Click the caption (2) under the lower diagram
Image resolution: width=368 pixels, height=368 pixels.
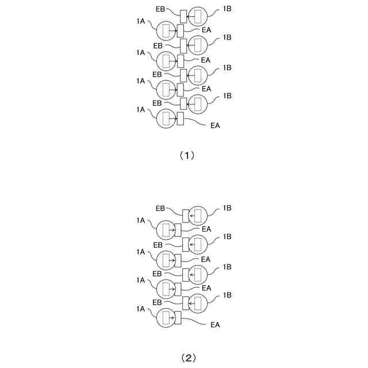coord(189,358)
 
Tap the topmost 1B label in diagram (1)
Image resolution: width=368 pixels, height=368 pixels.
coord(227,10)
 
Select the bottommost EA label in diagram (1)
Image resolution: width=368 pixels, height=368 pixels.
coord(216,125)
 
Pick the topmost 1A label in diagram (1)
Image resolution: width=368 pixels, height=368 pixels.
coord(140,21)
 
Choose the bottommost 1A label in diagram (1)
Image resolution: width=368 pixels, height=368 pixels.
coord(140,109)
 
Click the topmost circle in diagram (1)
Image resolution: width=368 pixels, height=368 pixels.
coord(198,16)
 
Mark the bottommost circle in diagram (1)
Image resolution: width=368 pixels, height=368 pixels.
coord(167,118)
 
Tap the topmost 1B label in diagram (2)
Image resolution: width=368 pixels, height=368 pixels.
coord(227,209)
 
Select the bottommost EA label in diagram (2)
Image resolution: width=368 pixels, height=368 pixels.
coord(216,325)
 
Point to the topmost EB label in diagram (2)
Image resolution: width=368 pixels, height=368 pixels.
coord(160,209)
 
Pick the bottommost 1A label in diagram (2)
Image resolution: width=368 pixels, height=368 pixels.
coord(141,309)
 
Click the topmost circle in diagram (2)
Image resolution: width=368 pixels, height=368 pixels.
coord(198,216)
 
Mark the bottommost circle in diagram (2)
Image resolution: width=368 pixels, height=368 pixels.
coord(167,318)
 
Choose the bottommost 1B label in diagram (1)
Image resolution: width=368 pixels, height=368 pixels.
coord(227,95)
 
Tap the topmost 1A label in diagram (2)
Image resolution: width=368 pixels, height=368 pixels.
coord(141,221)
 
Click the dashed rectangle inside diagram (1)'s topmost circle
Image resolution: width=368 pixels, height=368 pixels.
coord(198,16)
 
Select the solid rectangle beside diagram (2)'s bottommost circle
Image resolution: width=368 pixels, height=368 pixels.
coord(178,318)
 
